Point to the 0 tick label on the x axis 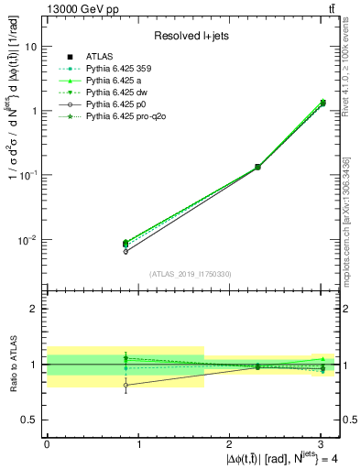point(47,442)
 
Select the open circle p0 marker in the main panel point(125,251)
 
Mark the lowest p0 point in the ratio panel point(125,385)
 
